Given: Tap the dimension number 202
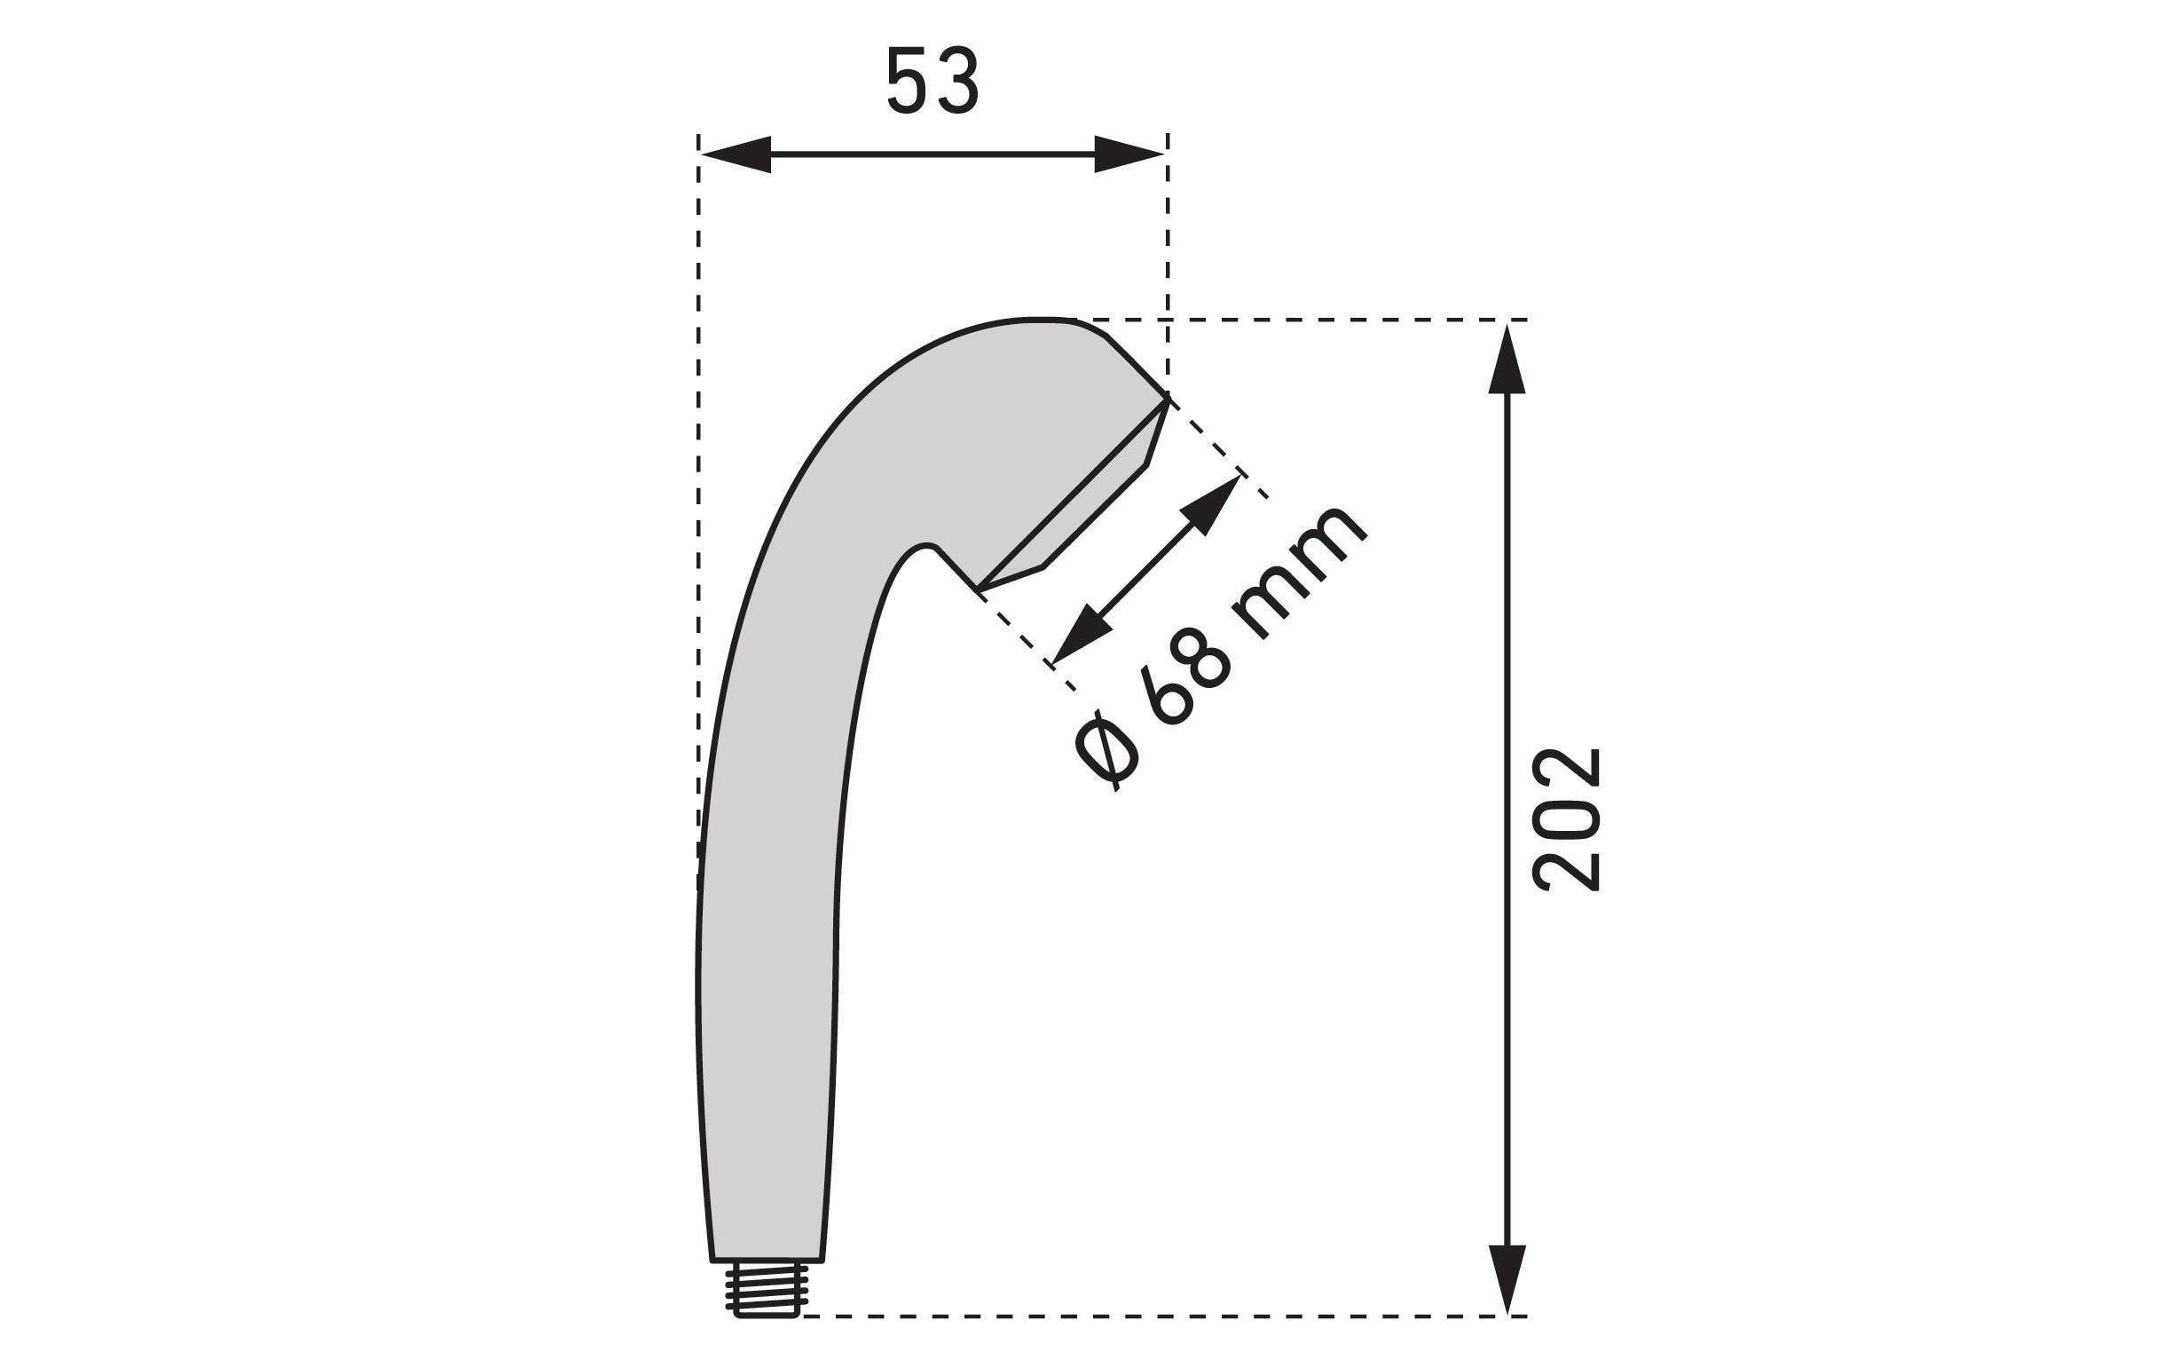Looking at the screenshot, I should pos(1566,818).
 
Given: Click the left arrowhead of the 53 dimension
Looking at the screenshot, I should pos(736,154).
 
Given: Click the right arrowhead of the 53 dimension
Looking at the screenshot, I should pos(1129,154).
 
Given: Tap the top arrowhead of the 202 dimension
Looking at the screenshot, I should pos(1507,361).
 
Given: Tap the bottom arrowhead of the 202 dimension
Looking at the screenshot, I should pos(1507,1277).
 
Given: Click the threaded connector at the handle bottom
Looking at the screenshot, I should pos(766,1291).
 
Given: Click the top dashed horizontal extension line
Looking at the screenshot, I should pos(1308,320).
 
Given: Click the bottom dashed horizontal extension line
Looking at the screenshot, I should pos(1154,1317).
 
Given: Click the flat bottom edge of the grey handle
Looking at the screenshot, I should pos(767,1260).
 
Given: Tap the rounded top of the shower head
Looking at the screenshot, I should pos(1037,320).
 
